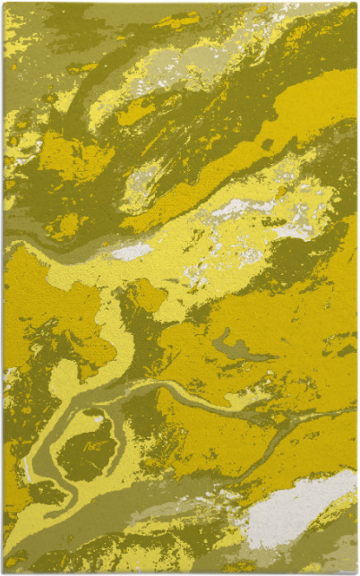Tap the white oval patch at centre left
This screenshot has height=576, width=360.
[x=132, y=252]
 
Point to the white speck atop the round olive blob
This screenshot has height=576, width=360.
[x=97, y=417]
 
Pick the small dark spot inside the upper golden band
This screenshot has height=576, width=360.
[x=267, y=144]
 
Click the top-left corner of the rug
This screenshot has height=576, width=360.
[x=4, y=4]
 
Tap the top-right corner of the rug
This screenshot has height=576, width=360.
[x=356, y=4]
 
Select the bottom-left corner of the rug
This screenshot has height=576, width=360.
[x=4, y=572]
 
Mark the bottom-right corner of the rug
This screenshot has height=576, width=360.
[x=356, y=572]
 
